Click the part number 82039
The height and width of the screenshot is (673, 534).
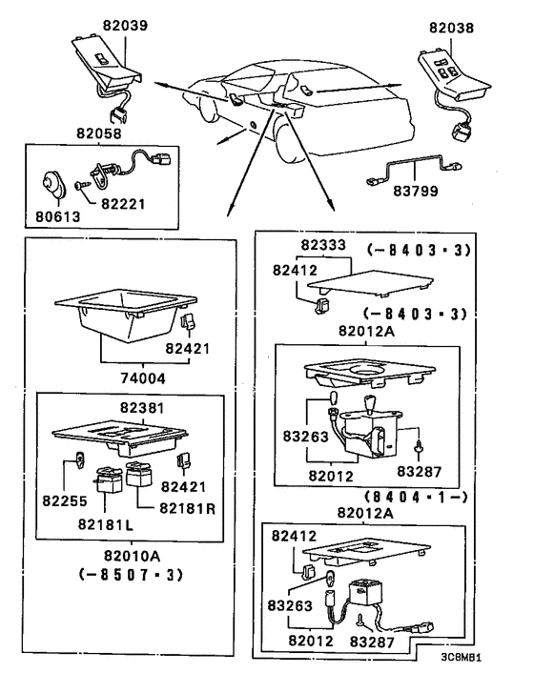click(125, 25)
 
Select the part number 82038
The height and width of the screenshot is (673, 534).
click(452, 28)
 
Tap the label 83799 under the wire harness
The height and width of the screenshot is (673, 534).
click(416, 191)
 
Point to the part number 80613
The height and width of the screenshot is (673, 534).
click(57, 216)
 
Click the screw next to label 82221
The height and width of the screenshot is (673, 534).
click(82, 186)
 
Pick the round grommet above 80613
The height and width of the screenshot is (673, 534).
click(54, 185)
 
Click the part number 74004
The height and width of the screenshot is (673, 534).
click(142, 378)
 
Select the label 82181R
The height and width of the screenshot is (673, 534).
click(187, 508)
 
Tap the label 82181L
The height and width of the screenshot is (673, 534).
click(106, 524)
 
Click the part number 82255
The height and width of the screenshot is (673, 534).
click(65, 500)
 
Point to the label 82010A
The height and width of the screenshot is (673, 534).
click(132, 556)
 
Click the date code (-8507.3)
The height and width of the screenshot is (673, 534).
click(132, 574)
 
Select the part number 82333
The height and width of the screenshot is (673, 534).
click(323, 245)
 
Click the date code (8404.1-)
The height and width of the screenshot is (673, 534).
click(416, 497)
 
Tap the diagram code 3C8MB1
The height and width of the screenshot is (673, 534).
click(461, 657)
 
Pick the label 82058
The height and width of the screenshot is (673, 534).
click(99, 133)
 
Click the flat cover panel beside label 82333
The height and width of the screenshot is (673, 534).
click(370, 283)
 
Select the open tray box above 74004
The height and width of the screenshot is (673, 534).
click(125, 315)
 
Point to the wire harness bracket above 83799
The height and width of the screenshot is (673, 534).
click(415, 169)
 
